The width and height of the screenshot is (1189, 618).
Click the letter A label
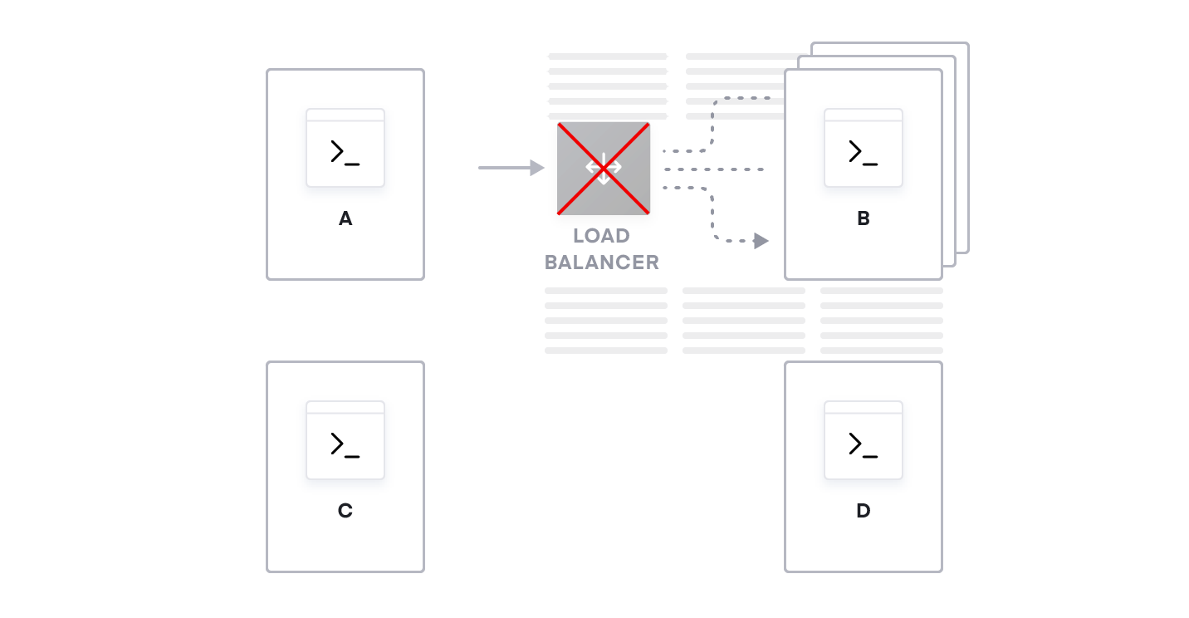345,218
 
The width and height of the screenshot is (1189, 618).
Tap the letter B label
864,218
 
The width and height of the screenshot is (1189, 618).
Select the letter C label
345,511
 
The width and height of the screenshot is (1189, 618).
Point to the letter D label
864,511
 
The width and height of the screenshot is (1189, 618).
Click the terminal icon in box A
345,148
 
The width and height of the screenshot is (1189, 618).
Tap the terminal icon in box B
864,148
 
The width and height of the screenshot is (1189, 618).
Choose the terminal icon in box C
345,440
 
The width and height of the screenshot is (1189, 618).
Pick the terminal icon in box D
864,440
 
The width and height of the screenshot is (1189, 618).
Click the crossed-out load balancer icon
604,168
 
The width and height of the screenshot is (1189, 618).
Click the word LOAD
601,237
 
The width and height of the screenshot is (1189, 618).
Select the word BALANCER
602,262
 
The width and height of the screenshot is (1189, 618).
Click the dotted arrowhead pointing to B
761,241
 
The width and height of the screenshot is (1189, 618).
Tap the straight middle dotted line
714,169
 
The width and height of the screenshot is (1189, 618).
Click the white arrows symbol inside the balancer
604,168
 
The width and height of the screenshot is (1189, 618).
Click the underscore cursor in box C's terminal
352,457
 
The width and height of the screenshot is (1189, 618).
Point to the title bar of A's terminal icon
345,115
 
